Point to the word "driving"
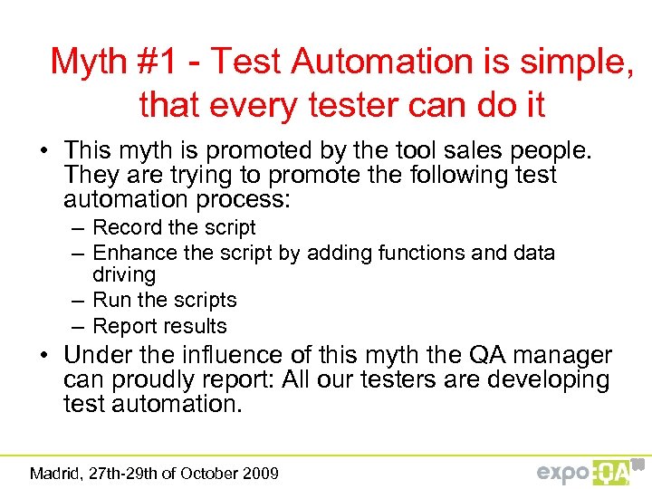point(124,274)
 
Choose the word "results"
point(197,326)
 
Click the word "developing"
point(548,380)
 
